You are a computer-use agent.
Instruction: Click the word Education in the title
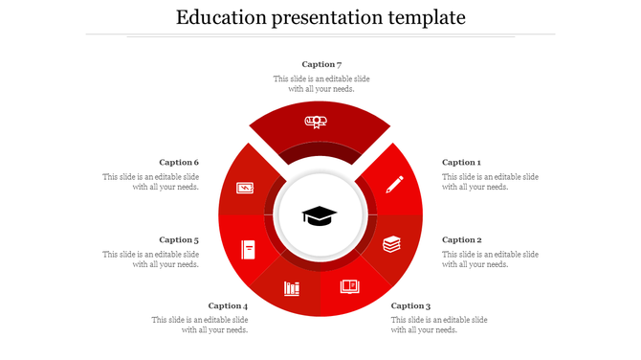221,17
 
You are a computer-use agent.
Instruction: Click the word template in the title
418,17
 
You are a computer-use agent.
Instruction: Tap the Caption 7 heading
321,64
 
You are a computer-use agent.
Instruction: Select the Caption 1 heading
461,163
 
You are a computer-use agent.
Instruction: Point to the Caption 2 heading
461,240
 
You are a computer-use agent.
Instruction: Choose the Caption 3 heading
410,306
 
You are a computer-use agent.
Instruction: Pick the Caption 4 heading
228,306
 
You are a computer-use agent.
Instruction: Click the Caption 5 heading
179,240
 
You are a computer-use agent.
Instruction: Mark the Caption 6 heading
179,163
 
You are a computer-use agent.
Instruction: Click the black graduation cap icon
320,215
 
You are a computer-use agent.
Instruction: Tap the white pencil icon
394,184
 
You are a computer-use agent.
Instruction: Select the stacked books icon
392,244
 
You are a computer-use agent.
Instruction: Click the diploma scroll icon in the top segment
316,122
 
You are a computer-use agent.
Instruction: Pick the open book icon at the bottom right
350,286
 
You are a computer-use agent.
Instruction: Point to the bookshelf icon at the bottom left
292,288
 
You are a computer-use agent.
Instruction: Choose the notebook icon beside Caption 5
249,249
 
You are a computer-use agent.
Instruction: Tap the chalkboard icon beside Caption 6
245,189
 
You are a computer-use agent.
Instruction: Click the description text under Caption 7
321,84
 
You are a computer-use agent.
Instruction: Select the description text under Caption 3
439,325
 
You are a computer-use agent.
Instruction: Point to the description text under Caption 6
151,182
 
